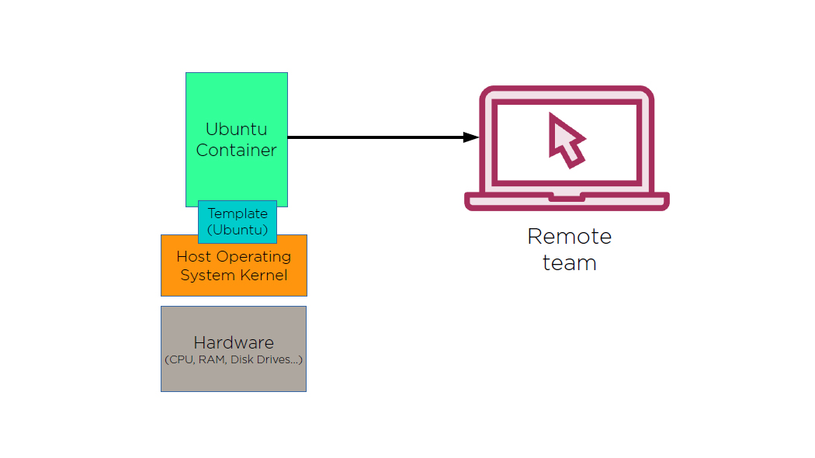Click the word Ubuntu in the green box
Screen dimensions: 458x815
(x=236, y=129)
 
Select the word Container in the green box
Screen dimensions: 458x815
(x=236, y=150)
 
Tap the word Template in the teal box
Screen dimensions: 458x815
(x=238, y=213)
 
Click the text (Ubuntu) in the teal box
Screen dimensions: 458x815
(x=238, y=230)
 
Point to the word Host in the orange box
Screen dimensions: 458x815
(x=193, y=256)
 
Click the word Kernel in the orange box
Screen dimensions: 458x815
(x=262, y=276)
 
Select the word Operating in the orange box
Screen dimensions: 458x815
(x=254, y=256)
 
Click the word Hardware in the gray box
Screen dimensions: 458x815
(x=234, y=342)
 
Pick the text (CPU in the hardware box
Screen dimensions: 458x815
(x=179, y=360)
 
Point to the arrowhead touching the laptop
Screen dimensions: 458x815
(x=471, y=137)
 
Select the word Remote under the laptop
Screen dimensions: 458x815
(x=569, y=236)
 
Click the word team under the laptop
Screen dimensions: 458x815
(x=569, y=262)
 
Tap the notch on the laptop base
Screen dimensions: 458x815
(x=567, y=198)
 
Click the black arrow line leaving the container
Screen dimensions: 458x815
(x=373, y=137)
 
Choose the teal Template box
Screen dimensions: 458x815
(x=238, y=221)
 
